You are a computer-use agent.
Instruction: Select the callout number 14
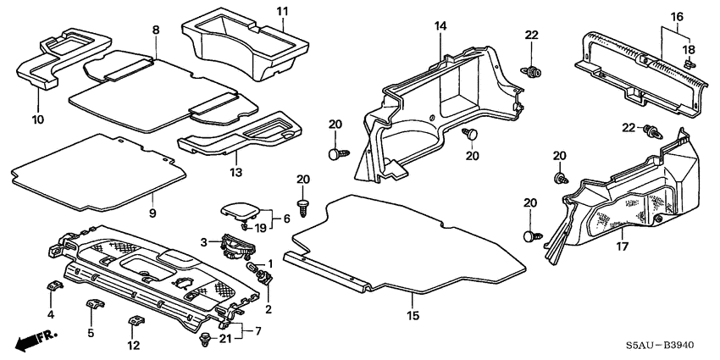[440, 28]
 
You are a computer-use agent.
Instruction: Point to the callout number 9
[152, 212]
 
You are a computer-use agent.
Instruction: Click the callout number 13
[236, 173]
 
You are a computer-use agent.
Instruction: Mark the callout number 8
[156, 30]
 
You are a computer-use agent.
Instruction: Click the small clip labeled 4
[51, 287]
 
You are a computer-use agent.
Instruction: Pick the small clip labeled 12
[135, 322]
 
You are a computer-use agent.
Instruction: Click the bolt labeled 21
[205, 339]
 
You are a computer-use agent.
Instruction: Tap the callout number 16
[677, 16]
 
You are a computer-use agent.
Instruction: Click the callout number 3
[203, 243]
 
